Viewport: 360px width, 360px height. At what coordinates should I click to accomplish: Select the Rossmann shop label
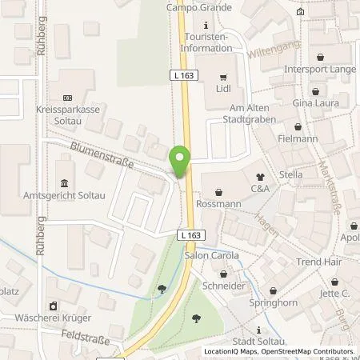(218, 204)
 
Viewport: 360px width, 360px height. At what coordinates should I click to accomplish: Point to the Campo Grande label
(199, 8)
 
